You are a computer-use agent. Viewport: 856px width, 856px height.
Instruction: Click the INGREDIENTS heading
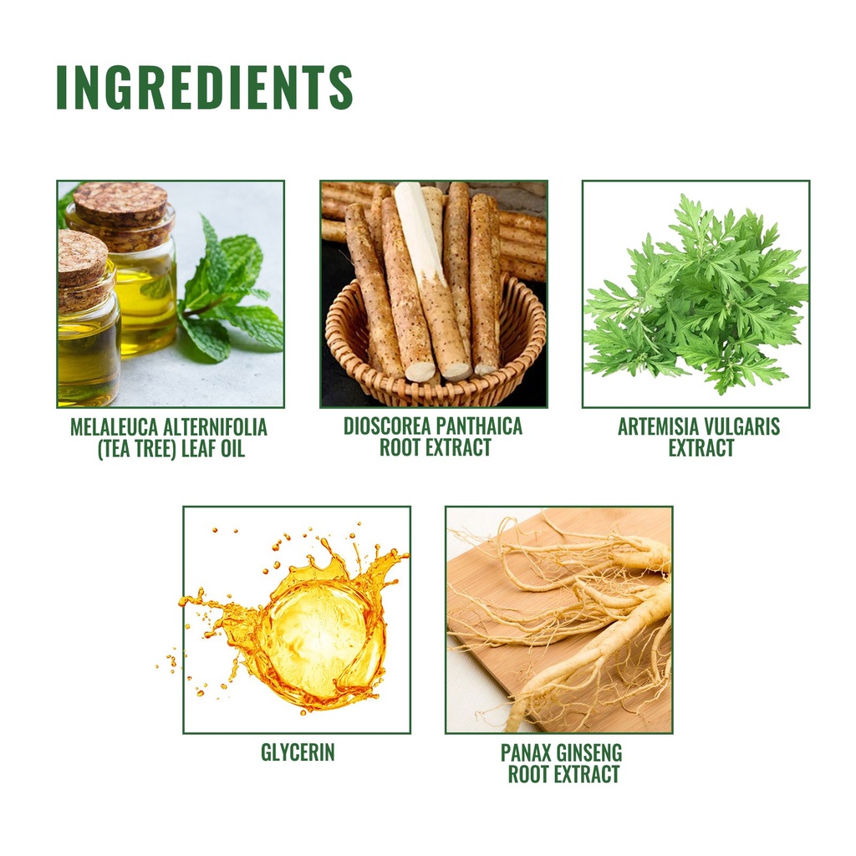pos(205,87)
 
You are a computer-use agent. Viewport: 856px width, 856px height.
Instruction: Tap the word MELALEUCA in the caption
pos(114,427)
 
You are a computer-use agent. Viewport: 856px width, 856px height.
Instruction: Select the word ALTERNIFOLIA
pos(215,427)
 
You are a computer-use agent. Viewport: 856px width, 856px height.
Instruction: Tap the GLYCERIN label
pos(298,752)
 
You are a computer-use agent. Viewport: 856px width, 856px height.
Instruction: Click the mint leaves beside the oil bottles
pos(229,295)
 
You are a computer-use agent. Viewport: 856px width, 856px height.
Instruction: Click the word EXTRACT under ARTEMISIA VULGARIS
pos(701,449)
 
